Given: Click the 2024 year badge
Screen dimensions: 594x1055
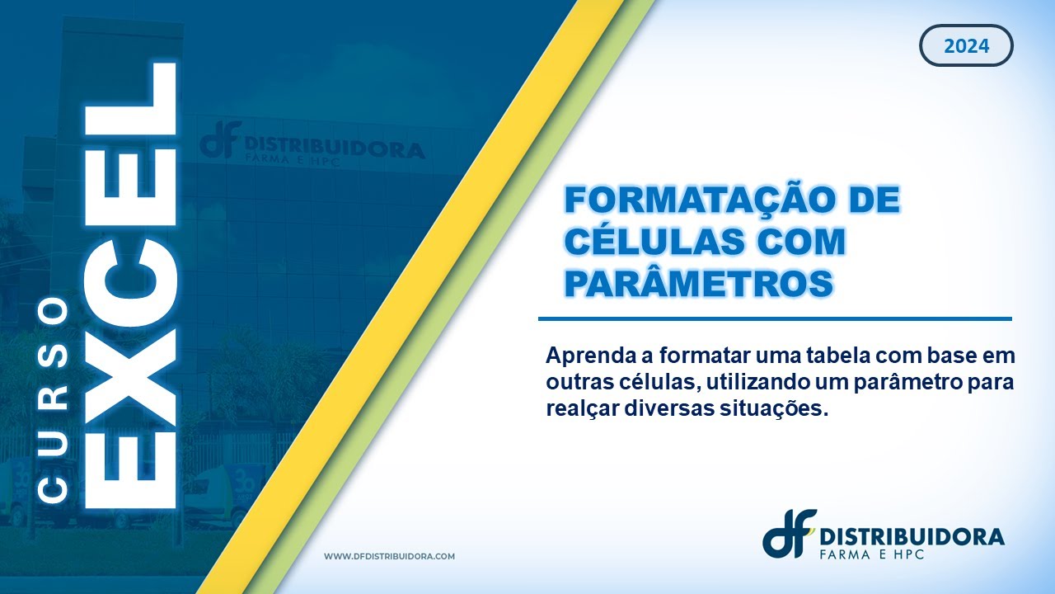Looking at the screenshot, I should click(x=966, y=46).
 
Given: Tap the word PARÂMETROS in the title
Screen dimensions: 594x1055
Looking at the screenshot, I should click(x=698, y=283).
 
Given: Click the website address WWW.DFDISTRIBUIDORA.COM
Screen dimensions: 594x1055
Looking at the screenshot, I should click(x=389, y=557).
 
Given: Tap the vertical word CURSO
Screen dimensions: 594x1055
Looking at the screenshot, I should click(x=54, y=400).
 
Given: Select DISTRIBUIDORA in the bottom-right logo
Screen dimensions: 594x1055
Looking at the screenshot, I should click(x=912, y=536).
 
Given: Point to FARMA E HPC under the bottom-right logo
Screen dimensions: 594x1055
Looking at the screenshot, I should click(x=872, y=555).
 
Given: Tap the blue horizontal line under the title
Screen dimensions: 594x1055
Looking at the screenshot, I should click(x=775, y=318).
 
